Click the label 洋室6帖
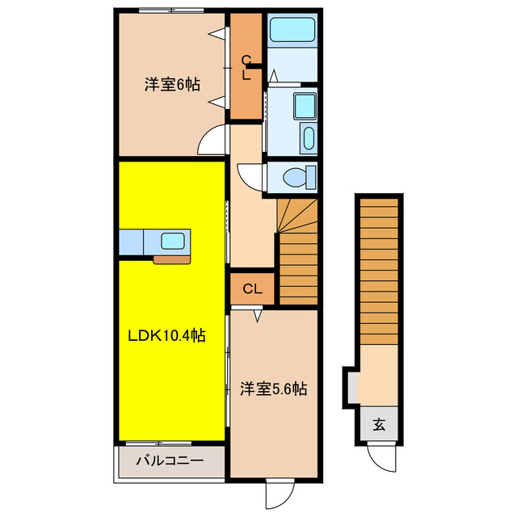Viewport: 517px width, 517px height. [172, 84]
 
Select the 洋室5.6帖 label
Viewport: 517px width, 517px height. [273, 389]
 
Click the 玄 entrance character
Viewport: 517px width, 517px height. [378, 423]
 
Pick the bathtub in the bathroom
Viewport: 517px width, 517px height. [292, 31]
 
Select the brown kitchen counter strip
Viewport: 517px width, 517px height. [173, 259]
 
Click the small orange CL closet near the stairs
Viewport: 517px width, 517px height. [252, 288]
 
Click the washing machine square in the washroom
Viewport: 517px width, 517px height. [305, 106]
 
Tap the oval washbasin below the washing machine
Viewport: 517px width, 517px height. [307, 137]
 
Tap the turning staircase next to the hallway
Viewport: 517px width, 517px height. [297, 250]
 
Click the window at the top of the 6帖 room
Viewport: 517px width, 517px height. [170, 11]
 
